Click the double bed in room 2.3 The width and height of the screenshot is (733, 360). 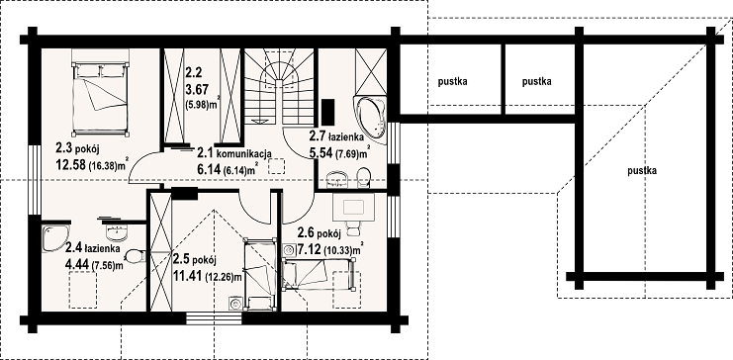tap(100, 92)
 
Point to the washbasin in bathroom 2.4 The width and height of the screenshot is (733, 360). tap(115, 231)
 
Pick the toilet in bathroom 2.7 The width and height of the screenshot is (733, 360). tap(363, 177)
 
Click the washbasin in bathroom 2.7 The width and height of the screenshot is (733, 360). tap(337, 178)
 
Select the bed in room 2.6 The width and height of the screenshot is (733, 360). tap(319, 274)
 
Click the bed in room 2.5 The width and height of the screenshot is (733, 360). tap(259, 274)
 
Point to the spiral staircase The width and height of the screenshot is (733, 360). tap(279, 86)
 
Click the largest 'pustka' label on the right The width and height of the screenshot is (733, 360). tap(642, 171)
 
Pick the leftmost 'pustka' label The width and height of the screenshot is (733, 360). tap(452, 82)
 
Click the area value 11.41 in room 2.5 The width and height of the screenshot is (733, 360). tap(188, 276)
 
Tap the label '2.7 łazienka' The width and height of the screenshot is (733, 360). tap(336, 136)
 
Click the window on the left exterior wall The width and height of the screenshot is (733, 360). tap(35, 180)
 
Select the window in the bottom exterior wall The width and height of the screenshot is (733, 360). tap(214, 318)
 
